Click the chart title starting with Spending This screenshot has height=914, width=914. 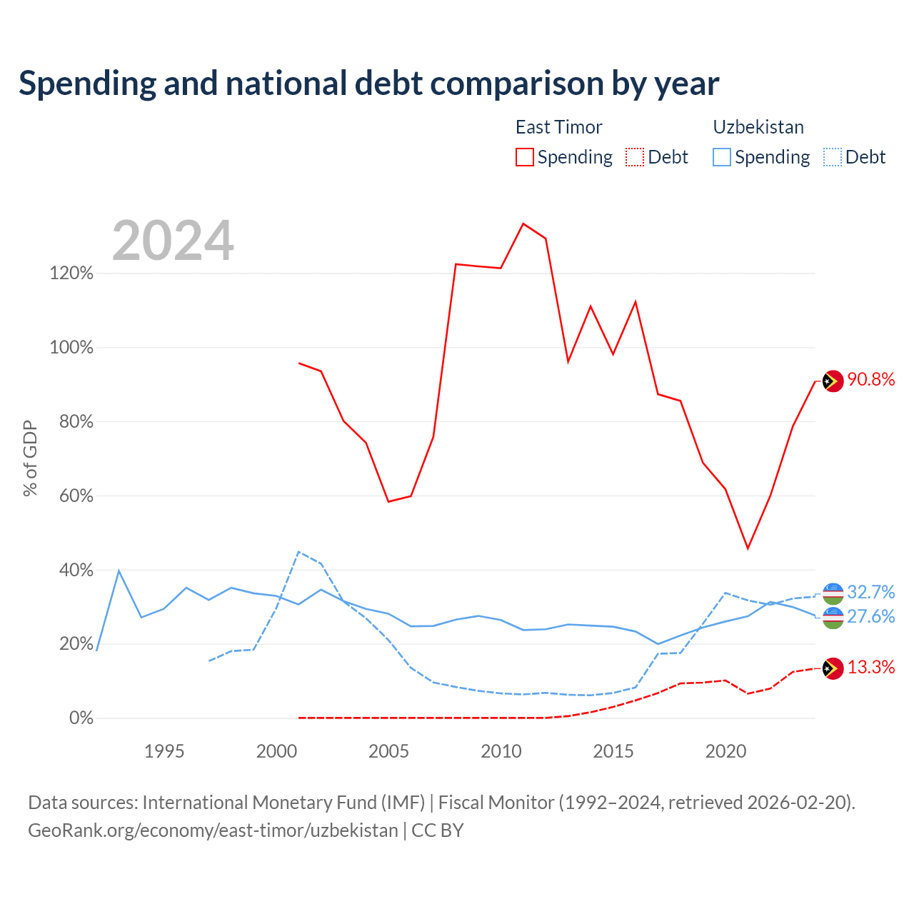click(368, 84)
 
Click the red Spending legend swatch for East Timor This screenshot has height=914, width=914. click(524, 157)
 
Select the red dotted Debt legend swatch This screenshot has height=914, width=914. click(634, 157)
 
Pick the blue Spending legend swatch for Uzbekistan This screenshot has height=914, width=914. click(721, 157)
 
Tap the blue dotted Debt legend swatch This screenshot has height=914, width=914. click(832, 157)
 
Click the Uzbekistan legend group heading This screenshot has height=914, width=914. click(758, 127)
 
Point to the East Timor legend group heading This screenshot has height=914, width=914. click(558, 127)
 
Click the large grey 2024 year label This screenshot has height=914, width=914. click(173, 241)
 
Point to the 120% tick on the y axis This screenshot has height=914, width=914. click(71, 273)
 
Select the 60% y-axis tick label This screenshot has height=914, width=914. click(76, 496)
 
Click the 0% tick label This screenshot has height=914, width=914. click(81, 718)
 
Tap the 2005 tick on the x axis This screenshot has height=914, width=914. click(388, 751)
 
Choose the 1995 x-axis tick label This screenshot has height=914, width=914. click(164, 751)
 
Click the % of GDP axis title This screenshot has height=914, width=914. click(30, 458)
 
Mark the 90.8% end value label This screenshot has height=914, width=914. click(871, 379)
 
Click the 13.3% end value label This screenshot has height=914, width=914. click(871, 668)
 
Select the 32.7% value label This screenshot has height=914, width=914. click(871, 592)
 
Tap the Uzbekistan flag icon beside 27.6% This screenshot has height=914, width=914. click(833, 618)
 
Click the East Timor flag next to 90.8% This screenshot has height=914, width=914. click(833, 381)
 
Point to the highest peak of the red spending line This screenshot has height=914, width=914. click(523, 224)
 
